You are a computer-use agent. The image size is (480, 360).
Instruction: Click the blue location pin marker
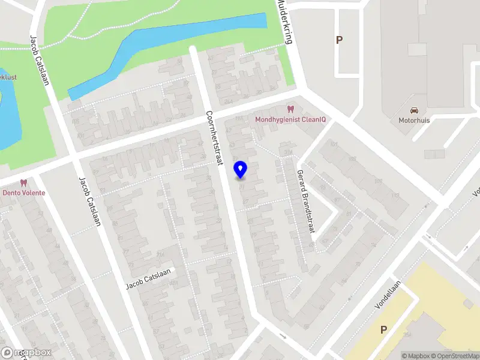point(241,170)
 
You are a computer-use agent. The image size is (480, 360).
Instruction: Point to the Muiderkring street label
point(283,22)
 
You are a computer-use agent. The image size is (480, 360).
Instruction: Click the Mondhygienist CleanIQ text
point(290,119)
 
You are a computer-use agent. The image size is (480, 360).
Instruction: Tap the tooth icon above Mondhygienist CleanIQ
point(290,109)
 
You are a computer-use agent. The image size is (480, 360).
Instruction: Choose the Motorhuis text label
point(414,120)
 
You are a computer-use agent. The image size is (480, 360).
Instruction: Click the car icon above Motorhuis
point(414,110)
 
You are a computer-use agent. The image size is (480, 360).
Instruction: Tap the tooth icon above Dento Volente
point(24,183)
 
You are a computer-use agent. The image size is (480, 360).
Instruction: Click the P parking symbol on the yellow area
point(383,329)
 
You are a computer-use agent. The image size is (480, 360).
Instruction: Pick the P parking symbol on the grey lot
point(339,40)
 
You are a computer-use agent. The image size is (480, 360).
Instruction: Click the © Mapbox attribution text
point(416,356)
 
